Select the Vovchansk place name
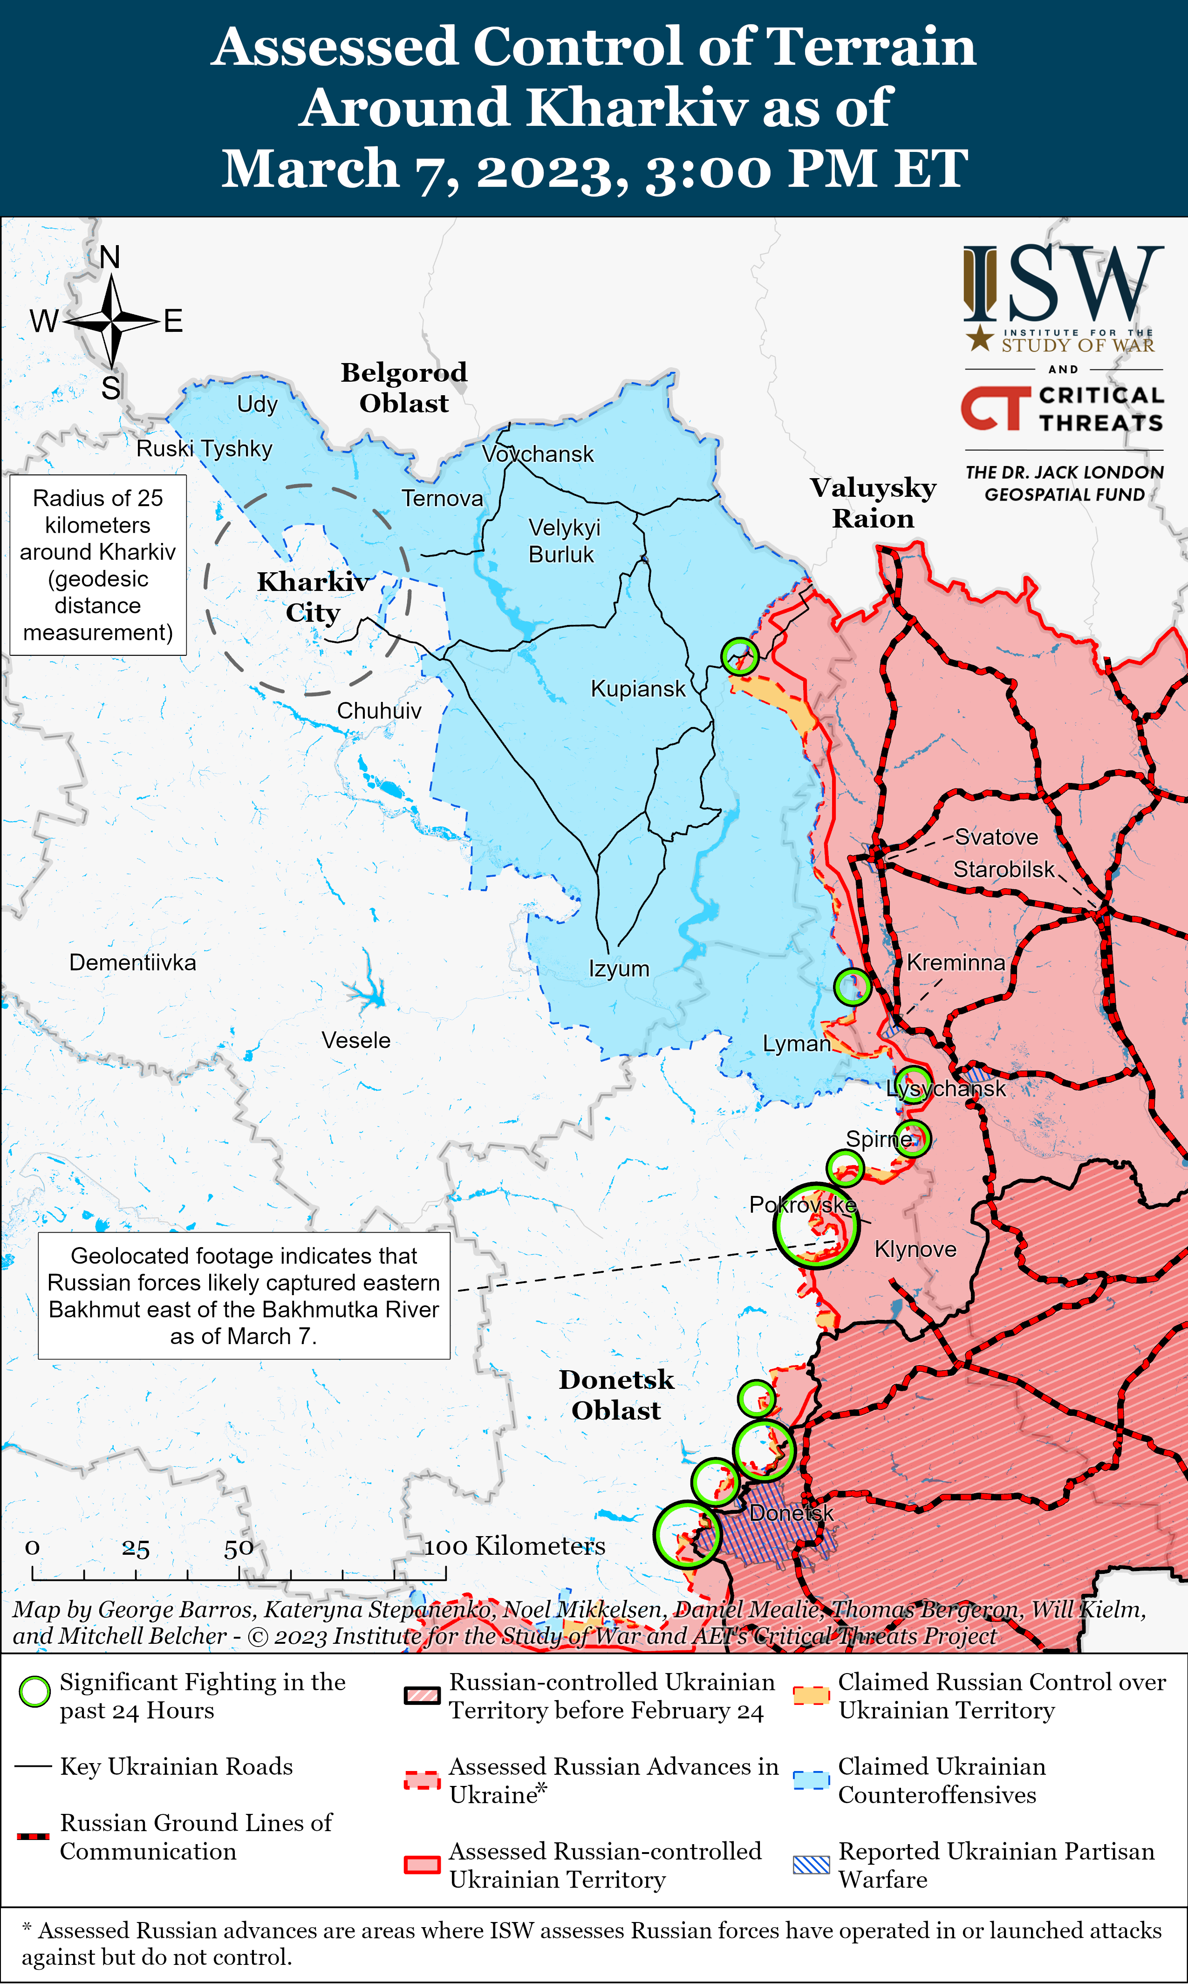538,454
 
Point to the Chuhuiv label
379,710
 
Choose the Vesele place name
356,1040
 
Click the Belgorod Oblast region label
404,387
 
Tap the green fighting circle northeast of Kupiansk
739,656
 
